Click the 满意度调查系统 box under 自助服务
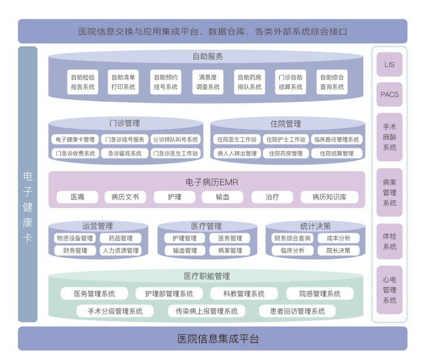coord(208,82)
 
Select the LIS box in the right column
coord(389,64)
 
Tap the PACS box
coord(389,94)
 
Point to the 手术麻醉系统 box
coord(389,137)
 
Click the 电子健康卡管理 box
coord(74,140)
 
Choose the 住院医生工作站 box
coord(236,140)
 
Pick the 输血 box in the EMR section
coord(222,197)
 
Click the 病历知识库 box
coord(329,197)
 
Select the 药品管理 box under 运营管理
coord(120,238)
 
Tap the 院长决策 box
coord(339,251)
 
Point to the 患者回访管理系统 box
coord(297,311)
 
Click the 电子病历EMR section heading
coord(211,182)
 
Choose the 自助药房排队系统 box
coord(249,82)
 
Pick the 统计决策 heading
coord(315,226)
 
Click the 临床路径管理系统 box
coord(336,140)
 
